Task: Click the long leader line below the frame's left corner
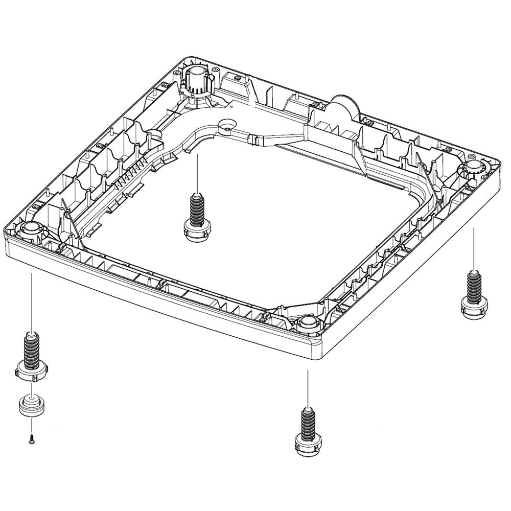32,301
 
